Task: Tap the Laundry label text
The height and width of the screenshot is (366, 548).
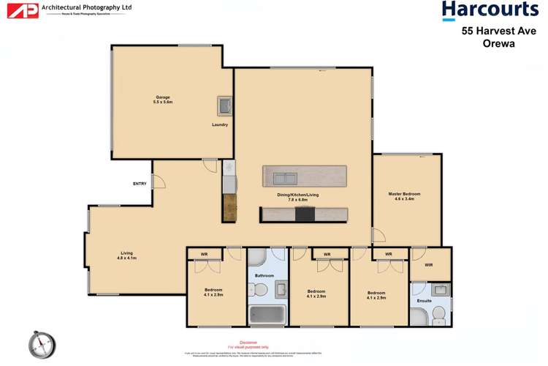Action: (220, 124)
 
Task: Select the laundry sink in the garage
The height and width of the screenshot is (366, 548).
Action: (224, 105)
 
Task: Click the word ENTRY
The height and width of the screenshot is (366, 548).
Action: (139, 184)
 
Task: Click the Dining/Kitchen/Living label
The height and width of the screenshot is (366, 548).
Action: (297, 196)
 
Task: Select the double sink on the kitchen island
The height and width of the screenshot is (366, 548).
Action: (284, 177)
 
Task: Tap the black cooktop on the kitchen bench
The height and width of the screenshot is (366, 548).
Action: (305, 214)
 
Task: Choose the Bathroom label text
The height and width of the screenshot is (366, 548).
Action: (264, 275)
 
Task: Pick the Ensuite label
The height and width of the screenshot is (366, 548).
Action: (424, 301)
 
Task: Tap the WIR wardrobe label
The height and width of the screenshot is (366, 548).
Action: (429, 265)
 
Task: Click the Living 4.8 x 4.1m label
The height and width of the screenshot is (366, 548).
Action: (125, 256)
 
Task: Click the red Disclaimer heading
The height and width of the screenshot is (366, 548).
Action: (248, 342)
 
